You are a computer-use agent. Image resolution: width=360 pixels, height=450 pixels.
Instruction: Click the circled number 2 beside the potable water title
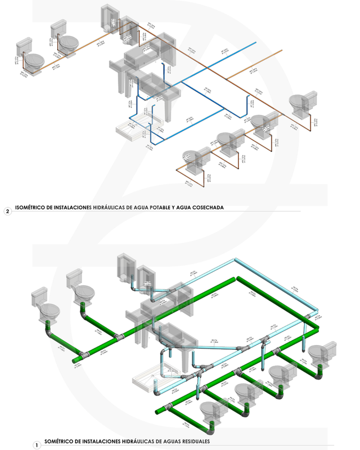coord(7,211)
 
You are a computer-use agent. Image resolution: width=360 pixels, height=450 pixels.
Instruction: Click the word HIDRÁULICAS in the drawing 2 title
coord(110,207)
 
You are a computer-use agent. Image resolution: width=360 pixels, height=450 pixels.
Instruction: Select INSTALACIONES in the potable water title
coord(70,207)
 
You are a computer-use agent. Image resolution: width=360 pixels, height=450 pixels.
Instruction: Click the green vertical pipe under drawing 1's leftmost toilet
coord(51,326)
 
